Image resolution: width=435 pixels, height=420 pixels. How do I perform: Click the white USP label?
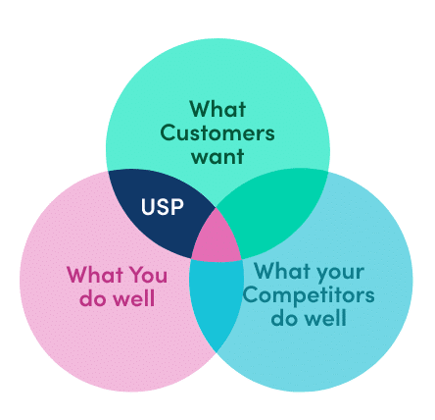(x=163, y=207)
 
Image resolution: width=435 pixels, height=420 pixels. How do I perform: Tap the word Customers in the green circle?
(x=217, y=132)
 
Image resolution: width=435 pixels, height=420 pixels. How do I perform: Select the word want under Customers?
(x=217, y=156)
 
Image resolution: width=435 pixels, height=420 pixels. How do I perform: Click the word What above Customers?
(x=217, y=109)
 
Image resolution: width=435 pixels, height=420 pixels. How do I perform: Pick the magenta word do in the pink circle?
(x=92, y=298)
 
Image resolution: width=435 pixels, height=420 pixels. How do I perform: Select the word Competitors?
(x=309, y=295)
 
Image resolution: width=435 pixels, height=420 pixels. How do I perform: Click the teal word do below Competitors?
(x=283, y=318)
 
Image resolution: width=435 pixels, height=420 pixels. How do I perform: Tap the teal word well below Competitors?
(x=324, y=318)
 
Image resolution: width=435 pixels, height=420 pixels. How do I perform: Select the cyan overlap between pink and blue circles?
(x=216, y=299)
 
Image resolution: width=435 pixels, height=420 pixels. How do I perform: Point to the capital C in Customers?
(x=169, y=132)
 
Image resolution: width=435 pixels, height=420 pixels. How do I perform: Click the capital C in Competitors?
(x=251, y=294)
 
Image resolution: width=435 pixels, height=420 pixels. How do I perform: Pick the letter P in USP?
(x=177, y=207)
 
